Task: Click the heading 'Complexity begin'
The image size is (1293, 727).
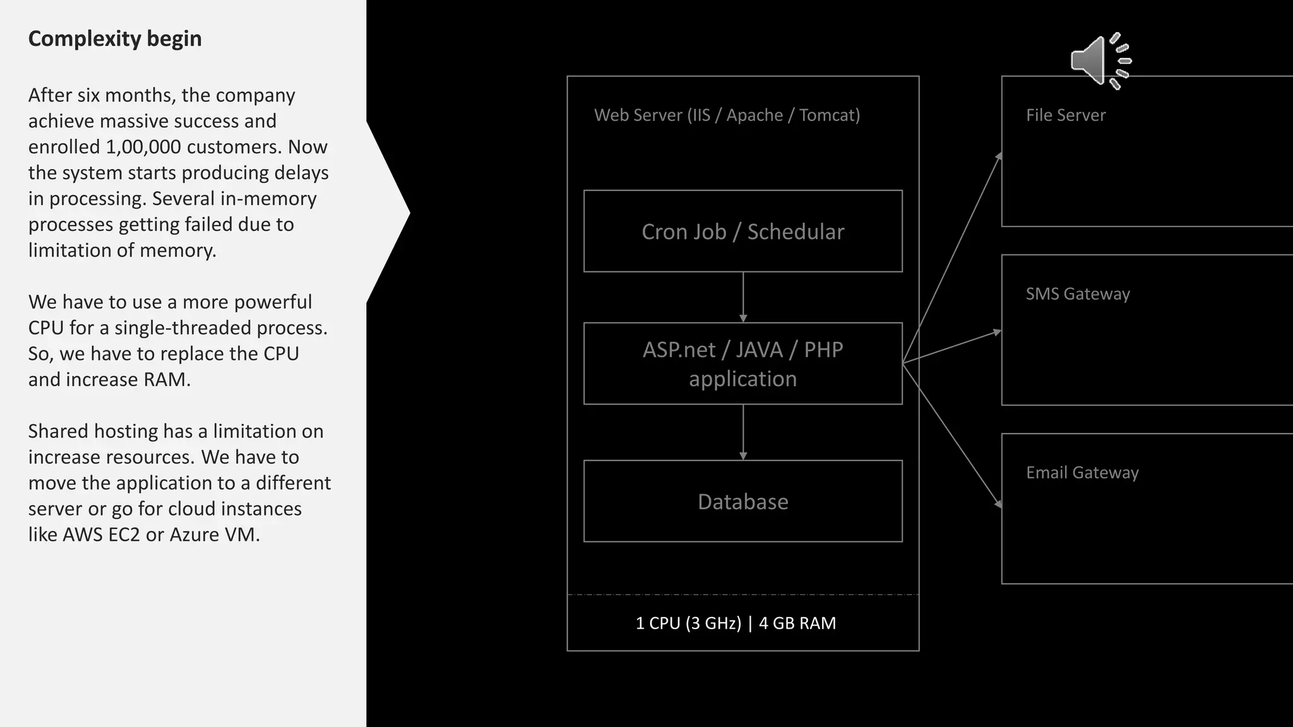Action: pos(115,38)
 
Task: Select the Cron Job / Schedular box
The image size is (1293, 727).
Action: pos(742,232)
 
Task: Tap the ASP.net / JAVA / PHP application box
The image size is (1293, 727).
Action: pos(742,363)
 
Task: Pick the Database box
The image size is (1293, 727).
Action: pos(742,501)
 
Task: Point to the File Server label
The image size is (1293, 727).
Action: pos(1065,115)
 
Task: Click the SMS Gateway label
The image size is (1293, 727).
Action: pos(1077,293)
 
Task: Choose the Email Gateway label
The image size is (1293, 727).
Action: pos(1081,472)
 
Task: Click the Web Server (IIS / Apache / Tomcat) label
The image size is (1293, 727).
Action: pos(727,115)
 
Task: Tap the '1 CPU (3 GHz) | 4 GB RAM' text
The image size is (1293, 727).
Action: pos(736,623)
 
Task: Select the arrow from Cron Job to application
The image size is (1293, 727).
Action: pos(743,297)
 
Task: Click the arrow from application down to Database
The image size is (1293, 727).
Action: pos(743,432)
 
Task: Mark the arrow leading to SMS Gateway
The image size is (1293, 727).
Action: pos(952,348)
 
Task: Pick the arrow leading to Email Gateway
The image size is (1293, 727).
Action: pos(952,435)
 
